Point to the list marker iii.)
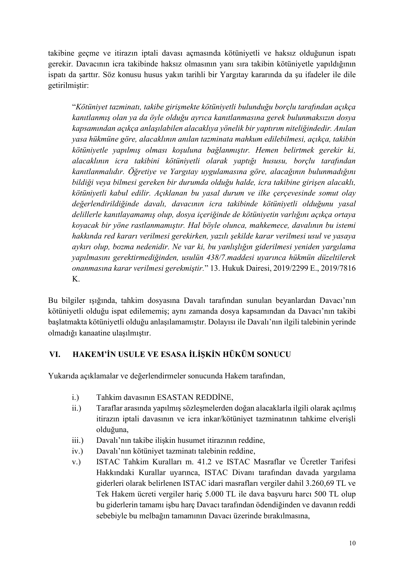pyautogui.click(x=78, y=440)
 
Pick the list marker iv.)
pyautogui.click(x=78, y=451)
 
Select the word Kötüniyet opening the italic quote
pyautogui.click(x=90, y=107)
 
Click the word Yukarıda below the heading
pyautogui.click(x=62, y=376)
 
